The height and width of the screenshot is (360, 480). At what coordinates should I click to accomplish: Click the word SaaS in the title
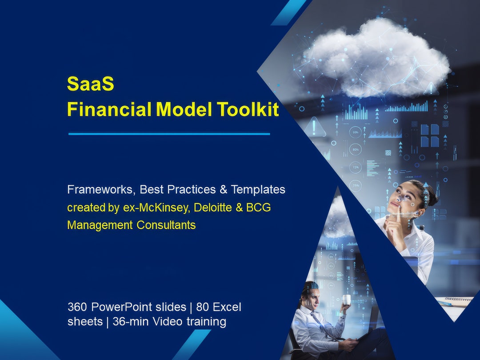90,84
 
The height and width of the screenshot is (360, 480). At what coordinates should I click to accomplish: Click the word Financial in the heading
109,109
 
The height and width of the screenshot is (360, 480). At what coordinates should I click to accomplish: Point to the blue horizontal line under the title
169,134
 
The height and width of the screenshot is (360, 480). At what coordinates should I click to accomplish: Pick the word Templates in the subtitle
258,189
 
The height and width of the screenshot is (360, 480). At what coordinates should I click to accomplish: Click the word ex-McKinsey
157,208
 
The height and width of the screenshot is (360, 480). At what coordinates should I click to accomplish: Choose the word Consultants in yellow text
166,225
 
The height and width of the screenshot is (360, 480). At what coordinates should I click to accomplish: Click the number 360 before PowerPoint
78,307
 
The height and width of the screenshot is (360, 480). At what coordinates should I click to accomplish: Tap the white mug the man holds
347,300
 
